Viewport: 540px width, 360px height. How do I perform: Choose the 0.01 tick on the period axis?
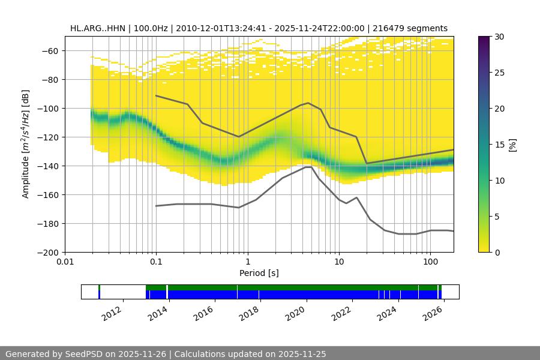click(x=65, y=262)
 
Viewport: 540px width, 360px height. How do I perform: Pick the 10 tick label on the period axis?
click(x=339, y=262)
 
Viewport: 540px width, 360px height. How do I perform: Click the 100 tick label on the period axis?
click(x=430, y=262)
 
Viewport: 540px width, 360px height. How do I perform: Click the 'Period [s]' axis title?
click(x=259, y=273)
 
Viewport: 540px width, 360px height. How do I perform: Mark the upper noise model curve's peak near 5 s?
click(x=308, y=103)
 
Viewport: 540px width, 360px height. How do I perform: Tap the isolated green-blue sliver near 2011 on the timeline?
click(x=99, y=292)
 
